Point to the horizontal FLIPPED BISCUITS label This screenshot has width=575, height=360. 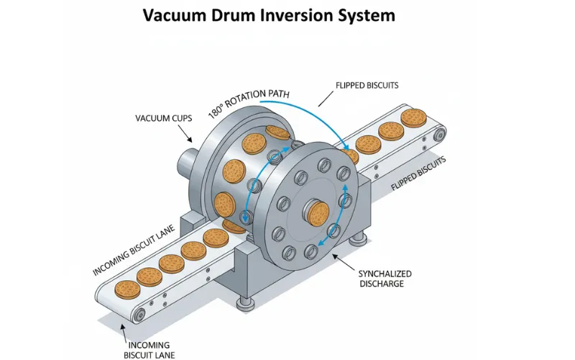pos(367,85)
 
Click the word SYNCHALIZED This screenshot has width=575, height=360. pos(385,274)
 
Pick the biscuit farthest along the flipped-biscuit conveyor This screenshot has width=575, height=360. pos(413,117)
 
